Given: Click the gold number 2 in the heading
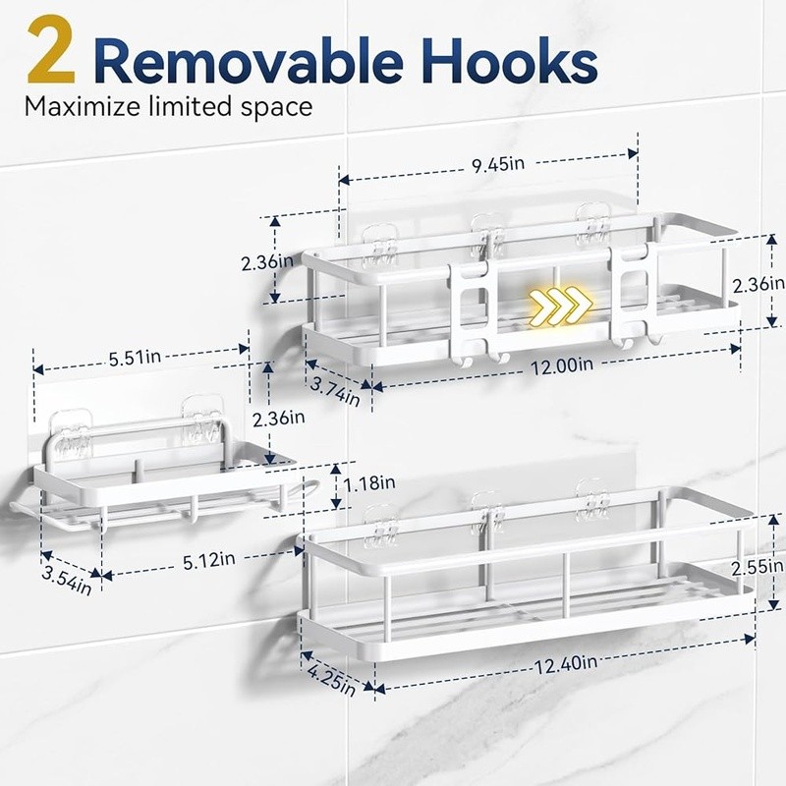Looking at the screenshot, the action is coord(52,50).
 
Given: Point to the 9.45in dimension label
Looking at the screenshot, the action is coord(498,164).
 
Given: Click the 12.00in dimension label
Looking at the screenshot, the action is coord(561,365).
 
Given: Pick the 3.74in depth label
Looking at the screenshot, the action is coord(335,391).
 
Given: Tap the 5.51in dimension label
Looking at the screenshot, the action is coord(136,358).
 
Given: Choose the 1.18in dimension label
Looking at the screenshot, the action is coord(369,483).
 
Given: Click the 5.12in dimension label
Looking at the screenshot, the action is coord(208,560).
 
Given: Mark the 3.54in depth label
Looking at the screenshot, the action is coord(67,581).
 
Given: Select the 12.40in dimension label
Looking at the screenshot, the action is coord(566,665).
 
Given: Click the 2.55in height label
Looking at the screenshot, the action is coord(757,568).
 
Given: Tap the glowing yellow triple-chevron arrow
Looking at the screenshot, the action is coord(560,305).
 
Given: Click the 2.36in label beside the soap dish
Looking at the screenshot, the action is coord(279,419).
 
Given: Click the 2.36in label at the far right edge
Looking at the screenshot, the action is coord(758,285).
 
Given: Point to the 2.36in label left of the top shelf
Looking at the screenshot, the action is coord(267,261).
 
